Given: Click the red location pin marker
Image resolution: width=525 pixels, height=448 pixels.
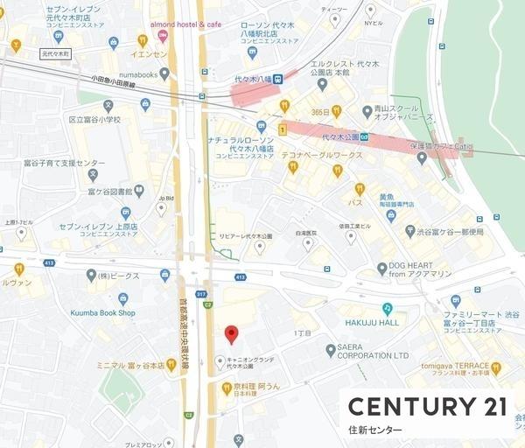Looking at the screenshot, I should pos(231,334).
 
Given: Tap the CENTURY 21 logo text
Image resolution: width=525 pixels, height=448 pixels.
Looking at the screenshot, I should pos(428,406).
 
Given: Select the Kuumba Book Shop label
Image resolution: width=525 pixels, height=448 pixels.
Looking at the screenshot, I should pos(103,312).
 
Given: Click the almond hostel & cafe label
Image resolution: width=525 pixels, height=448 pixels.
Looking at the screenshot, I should pos(185,24).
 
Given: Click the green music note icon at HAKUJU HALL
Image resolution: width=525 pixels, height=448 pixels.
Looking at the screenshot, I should pos(388,308).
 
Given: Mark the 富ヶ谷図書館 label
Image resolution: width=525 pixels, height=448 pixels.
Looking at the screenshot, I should pos(110,192).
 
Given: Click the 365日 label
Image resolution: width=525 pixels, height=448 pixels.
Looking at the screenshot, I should pos(319,111).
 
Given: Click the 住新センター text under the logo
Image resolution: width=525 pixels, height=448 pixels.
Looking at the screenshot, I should pos(375,430).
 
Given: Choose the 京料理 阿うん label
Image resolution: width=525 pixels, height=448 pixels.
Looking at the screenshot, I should pos(255,386).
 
